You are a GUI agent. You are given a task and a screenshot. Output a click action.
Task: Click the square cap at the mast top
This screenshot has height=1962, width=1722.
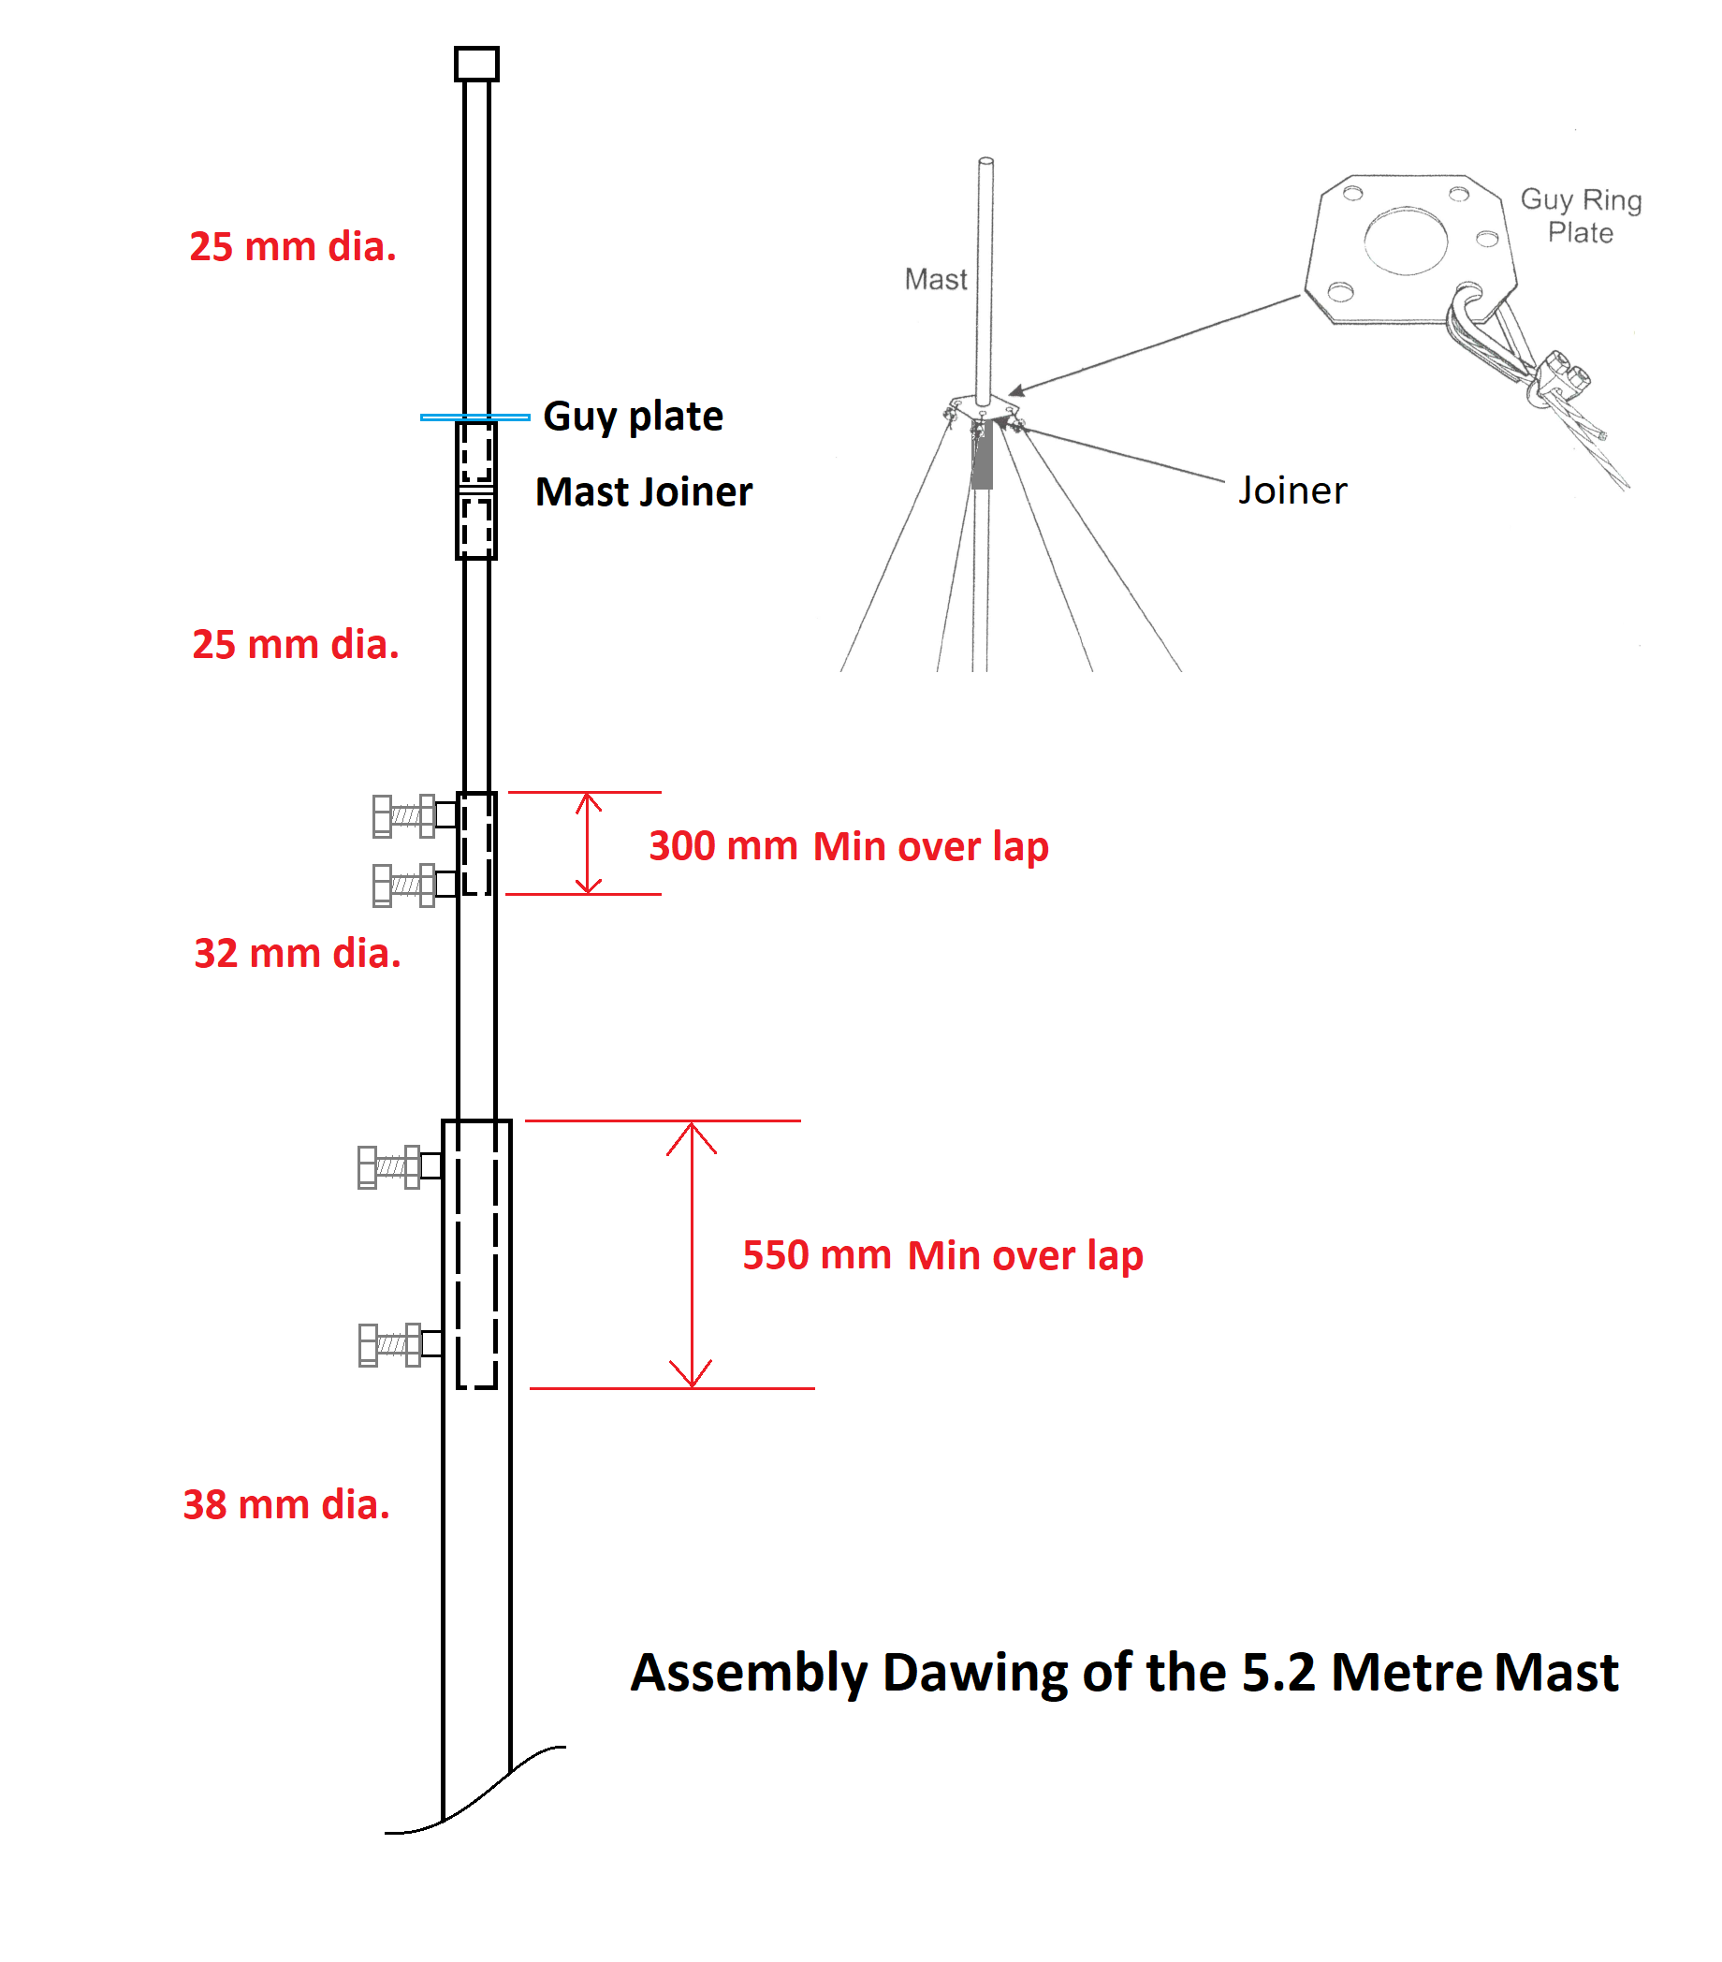[x=476, y=64]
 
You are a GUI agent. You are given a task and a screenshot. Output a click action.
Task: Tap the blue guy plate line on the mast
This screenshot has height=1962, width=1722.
[x=474, y=417]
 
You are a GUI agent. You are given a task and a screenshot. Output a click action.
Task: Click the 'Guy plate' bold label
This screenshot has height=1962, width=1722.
[x=633, y=417]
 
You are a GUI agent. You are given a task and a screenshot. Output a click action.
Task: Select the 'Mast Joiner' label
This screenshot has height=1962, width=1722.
[x=643, y=491]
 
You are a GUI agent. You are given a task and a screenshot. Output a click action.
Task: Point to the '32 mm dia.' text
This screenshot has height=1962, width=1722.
[x=298, y=953]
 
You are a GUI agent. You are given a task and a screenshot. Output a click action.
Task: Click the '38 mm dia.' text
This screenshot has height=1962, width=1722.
[x=286, y=1504]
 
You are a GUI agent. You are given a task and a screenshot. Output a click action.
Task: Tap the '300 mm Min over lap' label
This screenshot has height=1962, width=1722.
[x=849, y=845]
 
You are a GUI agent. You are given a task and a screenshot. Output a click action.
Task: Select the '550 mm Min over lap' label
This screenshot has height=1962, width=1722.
[x=942, y=1254]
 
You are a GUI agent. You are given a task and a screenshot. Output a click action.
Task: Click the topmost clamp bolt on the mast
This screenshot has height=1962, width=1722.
[x=415, y=816]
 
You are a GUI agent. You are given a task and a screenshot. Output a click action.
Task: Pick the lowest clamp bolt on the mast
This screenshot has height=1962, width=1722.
[x=401, y=1344]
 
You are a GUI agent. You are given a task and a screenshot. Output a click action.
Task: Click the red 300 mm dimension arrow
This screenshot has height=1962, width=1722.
[x=589, y=842]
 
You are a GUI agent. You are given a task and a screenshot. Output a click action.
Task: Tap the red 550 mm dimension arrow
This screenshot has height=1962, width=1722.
[x=691, y=1254]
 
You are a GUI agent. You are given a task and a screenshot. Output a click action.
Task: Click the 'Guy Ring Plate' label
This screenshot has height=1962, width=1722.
[x=1580, y=216]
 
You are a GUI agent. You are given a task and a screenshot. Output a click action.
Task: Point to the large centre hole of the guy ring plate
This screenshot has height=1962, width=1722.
[x=1406, y=240]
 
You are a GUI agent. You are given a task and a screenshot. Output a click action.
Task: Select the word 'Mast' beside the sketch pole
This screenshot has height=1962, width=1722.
[x=935, y=279]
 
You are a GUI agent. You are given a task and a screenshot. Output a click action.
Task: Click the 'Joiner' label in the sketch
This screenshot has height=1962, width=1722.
[x=1292, y=490]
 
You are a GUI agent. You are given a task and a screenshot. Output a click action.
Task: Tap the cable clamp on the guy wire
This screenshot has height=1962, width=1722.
[x=1560, y=376]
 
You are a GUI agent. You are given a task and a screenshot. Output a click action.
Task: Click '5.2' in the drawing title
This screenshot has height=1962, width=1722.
[x=1277, y=1672]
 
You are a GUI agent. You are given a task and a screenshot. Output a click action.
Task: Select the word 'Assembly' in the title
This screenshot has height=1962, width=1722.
[x=749, y=1674]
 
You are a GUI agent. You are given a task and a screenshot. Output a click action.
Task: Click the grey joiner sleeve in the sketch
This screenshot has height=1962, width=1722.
[x=981, y=455]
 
